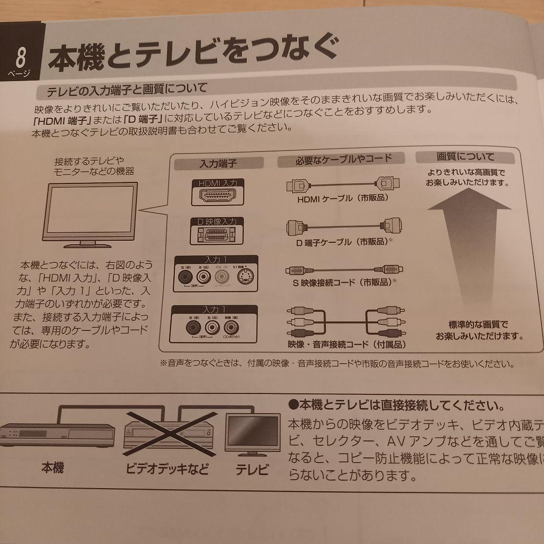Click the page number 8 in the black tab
pyautogui.click(x=21, y=57)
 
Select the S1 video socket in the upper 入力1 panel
pyautogui.click(x=244, y=277)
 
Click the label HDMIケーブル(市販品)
pyautogui.click(x=343, y=198)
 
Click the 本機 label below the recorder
pyautogui.click(x=52, y=469)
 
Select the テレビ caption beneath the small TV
pyautogui.click(x=252, y=471)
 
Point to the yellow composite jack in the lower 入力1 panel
pyautogui.click(x=227, y=328)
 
